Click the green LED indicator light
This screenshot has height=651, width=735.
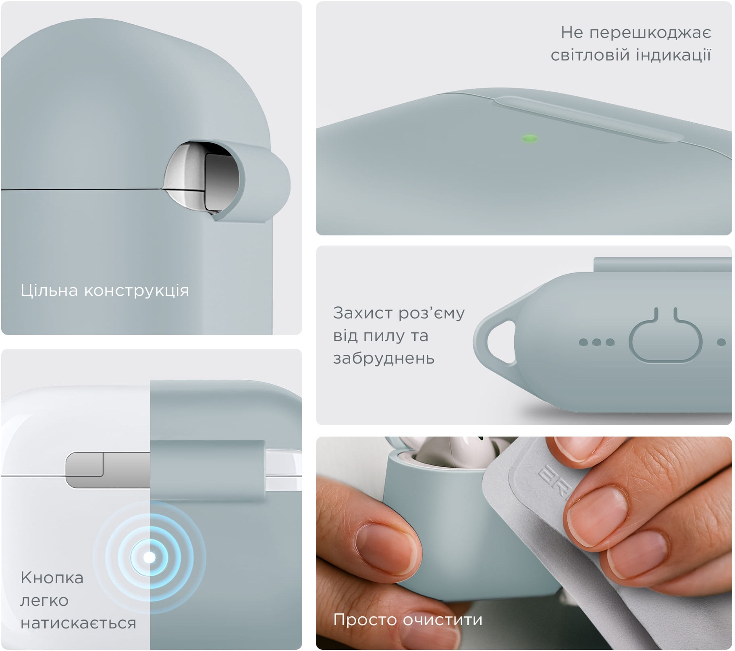tap(529, 139)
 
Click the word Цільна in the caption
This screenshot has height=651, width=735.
tap(49, 290)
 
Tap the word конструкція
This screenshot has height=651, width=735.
tap(136, 291)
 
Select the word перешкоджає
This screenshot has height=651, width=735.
tap(650, 32)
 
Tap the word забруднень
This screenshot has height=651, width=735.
tap(384, 358)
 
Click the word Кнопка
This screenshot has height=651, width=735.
tap(52, 578)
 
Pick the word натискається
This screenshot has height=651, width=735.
tap(78, 623)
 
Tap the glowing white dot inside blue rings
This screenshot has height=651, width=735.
tap(149, 557)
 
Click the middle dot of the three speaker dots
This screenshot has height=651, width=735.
tap(596, 342)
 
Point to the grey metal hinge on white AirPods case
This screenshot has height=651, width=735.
tap(107, 470)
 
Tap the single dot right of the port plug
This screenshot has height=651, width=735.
tap(721, 343)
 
